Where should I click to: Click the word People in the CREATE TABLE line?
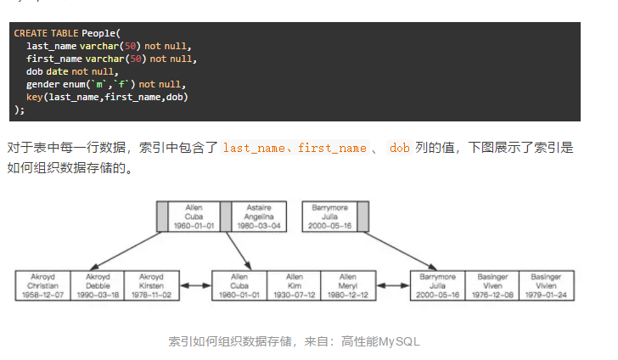click(100, 33)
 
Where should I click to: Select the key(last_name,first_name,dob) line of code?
click(107, 97)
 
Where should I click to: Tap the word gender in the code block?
click(42, 84)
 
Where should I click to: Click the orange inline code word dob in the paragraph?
click(399, 148)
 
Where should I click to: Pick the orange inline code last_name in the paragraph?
click(252, 148)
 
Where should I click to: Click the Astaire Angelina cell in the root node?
click(259, 217)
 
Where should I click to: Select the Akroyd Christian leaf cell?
click(42, 285)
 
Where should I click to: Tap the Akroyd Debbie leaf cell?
click(97, 285)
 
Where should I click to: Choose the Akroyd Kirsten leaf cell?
click(151, 285)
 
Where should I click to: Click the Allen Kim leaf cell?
click(294, 285)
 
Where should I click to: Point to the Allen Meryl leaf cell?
click(348, 285)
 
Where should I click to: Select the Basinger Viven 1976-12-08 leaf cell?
click(492, 285)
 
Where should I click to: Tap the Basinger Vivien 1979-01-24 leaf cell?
click(546, 285)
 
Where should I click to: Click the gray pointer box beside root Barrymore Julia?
click(362, 217)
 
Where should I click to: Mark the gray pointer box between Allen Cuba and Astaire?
click(225, 217)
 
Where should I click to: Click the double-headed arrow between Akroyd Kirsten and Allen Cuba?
click(194, 285)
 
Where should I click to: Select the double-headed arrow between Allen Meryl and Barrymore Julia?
click(392, 285)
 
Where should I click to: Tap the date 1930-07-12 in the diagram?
click(294, 294)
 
